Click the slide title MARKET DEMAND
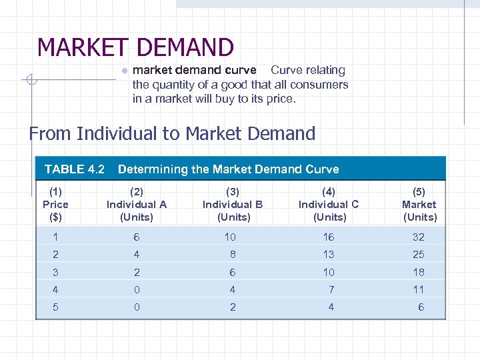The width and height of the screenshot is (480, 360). tap(135, 47)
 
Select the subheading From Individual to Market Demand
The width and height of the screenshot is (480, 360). tap(172, 133)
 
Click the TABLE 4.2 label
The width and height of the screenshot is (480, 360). tap(75, 169)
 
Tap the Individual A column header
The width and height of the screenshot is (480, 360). tap(137, 205)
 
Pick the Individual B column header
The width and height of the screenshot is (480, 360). tap(233, 205)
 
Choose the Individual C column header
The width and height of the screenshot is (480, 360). tap(329, 205)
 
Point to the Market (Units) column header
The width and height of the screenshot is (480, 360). tap(419, 205)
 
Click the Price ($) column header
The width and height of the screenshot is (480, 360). tap(55, 205)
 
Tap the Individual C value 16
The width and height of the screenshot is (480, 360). tap(329, 237)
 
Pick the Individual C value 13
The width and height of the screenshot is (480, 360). tap(329, 255)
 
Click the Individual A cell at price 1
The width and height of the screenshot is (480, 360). tap(137, 237)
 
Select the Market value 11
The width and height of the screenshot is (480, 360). tap(419, 290)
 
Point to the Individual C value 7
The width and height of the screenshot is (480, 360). tap(331, 290)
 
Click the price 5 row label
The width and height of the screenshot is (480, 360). tap(55, 307)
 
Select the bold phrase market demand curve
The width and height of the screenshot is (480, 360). tap(195, 70)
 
